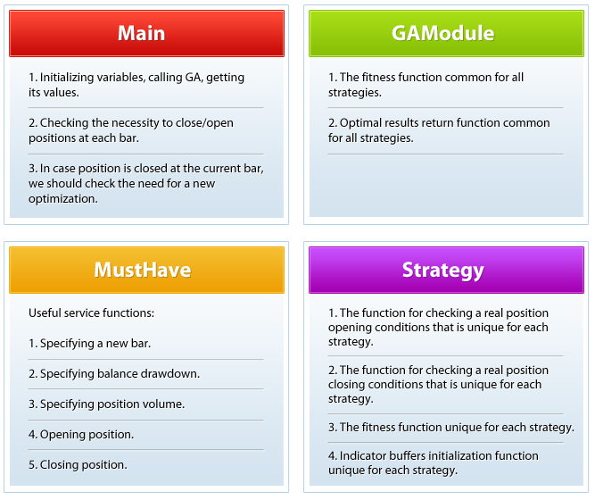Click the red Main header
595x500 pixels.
click(x=146, y=33)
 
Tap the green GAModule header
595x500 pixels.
click(x=446, y=33)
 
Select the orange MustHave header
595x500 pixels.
click(x=146, y=270)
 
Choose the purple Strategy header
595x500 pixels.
click(x=446, y=270)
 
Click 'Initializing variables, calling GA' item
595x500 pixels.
click(x=136, y=85)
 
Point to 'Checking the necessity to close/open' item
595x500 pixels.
click(x=131, y=130)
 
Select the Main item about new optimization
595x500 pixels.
click(x=146, y=184)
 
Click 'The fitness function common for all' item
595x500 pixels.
click(x=426, y=85)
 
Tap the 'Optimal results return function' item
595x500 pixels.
click(x=439, y=130)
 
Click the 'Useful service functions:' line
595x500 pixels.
click(x=92, y=313)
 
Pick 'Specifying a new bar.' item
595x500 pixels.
click(x=89, y=344)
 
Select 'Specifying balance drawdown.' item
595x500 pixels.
click(x=114, y=374)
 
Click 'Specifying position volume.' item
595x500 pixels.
click(x=107, y=404)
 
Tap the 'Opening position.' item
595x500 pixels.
click(x=81, y=434)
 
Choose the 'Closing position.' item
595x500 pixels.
click(x=78, y=464)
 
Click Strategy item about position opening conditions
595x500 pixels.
click(x=438, y=327)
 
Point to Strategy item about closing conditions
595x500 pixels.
click(x=438, y=384)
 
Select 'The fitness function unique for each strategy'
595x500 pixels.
click(x=451, y=428)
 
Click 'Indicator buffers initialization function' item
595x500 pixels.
click(x=434, y=462)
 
